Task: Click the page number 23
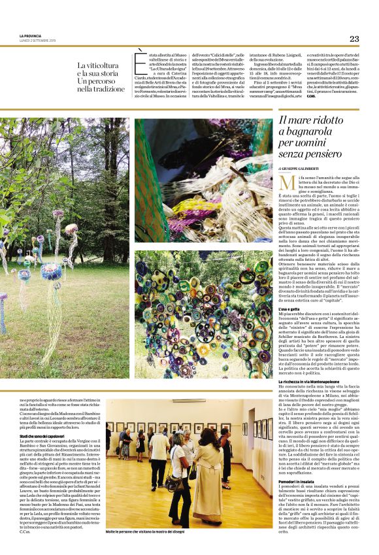pos(354,39)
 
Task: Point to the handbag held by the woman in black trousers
pos(173,484)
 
